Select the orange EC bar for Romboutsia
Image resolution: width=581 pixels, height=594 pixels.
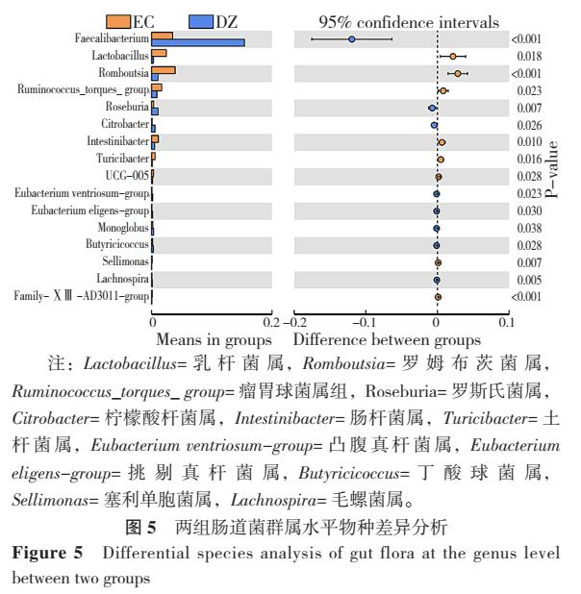[164, 70]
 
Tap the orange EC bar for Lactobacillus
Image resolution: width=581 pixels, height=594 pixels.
[160, 53]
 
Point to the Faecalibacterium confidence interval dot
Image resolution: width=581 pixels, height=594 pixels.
[352, 39]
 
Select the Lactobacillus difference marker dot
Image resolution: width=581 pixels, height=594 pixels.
[453, 57]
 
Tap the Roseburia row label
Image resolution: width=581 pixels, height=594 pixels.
[125, 108]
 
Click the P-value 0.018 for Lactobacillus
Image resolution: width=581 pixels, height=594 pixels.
[525, 57]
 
